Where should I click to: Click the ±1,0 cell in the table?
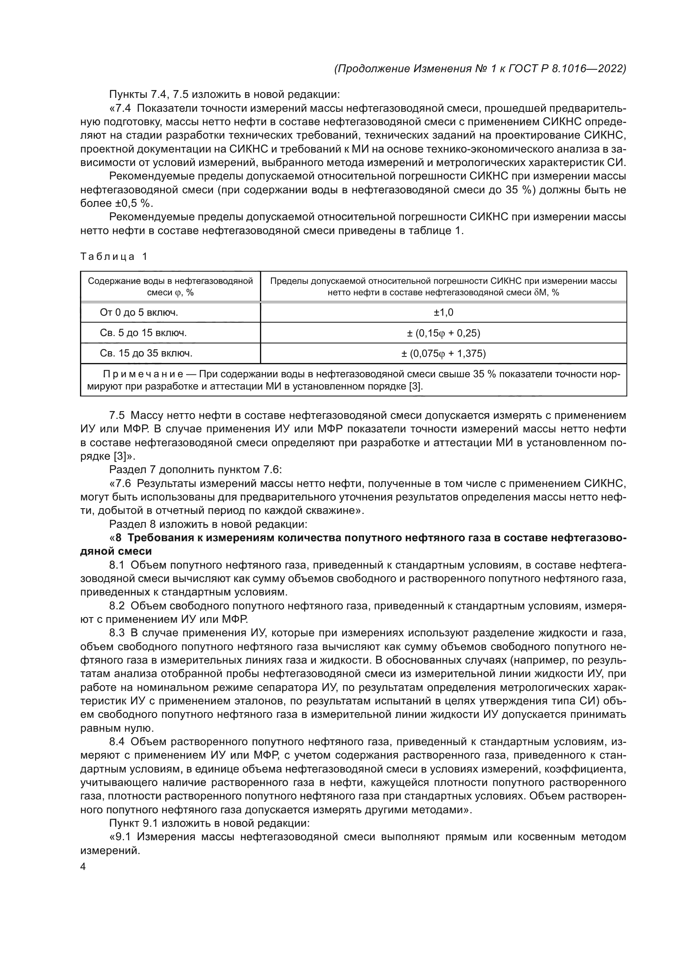coord(443,312)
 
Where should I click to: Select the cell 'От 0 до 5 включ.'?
coord(139,312)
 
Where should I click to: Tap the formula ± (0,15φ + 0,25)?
coord(443,333)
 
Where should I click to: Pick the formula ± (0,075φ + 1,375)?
coord(443,354)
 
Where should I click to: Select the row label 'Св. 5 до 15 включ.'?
coord(143,333)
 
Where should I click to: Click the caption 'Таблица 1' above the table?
coord(113,257)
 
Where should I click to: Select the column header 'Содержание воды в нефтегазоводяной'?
coord(171,281)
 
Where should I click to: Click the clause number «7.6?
coord(120,484)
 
